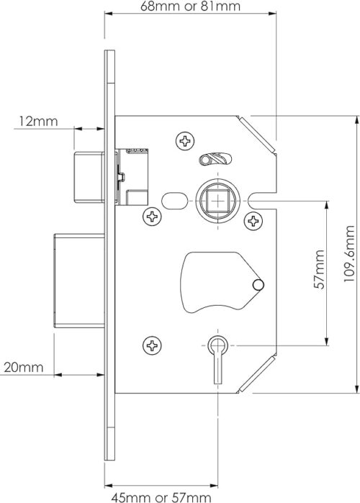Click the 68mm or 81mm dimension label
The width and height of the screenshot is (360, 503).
coord(190,6)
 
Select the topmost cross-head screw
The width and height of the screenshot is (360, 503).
coord(186,140)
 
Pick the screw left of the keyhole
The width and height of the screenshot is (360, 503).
coord(152,345)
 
